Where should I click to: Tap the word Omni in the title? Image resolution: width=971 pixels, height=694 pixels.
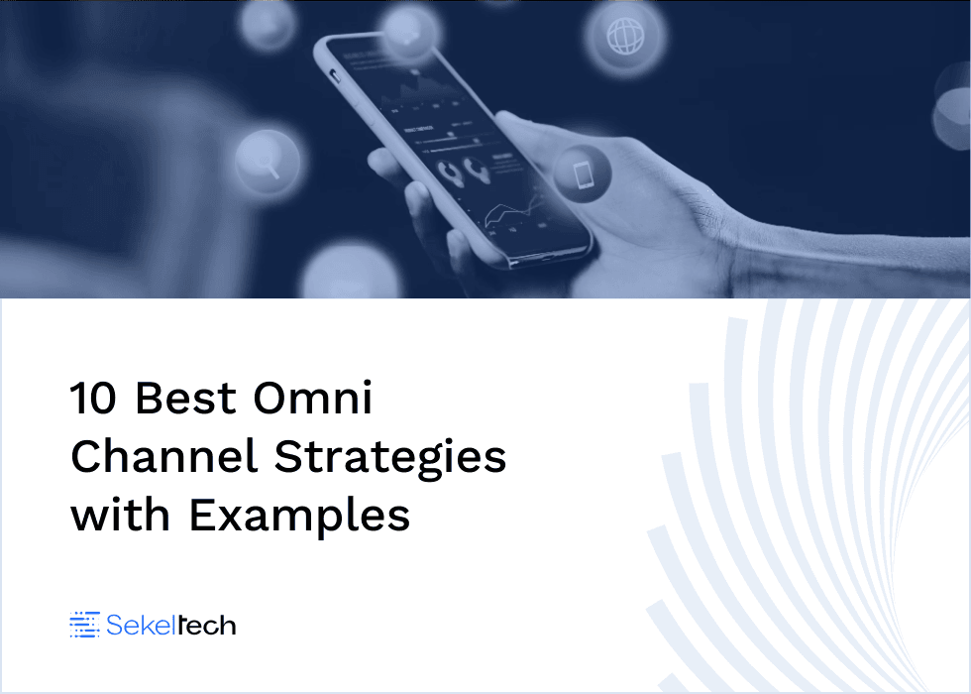point(313,399)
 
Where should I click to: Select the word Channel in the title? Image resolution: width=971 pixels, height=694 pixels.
point(164,457)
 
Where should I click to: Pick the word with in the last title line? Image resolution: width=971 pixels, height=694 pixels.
point(121,516)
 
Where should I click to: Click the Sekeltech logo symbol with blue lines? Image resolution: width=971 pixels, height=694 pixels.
point(85,625)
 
